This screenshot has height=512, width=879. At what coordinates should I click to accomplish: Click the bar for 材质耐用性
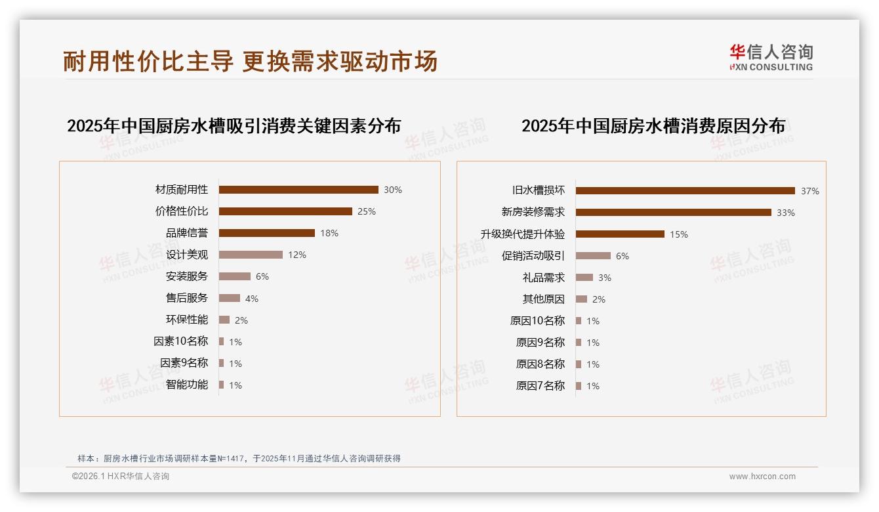[298, 190]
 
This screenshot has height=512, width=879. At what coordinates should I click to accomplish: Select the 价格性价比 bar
[285, 211]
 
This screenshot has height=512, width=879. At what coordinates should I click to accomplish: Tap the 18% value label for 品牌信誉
[329, 233]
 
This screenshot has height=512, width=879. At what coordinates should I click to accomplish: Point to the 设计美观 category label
[187, 255]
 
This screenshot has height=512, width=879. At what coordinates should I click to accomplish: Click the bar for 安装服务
[235, 276]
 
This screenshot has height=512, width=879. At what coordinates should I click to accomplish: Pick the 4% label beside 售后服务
[252, 299]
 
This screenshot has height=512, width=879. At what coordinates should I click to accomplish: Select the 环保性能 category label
[187, 320]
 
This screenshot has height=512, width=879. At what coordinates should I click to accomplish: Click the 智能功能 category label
[187, 385]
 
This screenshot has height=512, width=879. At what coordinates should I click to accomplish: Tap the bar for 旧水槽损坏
[685, 191]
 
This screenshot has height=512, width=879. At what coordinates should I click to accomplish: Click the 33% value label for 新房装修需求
[785, 213]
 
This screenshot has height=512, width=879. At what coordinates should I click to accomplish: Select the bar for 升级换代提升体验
[620, 234]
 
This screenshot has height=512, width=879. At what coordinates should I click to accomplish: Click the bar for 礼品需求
[584, 278]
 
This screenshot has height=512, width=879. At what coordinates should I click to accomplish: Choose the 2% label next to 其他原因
[598, 299]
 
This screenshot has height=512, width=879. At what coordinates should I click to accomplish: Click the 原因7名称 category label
[541, 386]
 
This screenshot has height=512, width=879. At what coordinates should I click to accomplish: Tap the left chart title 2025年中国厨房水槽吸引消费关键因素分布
[234, 126]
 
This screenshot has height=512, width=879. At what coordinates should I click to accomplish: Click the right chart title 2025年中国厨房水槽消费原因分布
[653, 126]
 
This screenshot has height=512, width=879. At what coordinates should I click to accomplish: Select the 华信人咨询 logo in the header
[771, 58]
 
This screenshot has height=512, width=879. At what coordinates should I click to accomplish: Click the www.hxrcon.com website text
[762, 477]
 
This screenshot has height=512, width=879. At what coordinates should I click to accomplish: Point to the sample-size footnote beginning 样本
[239, 459]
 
